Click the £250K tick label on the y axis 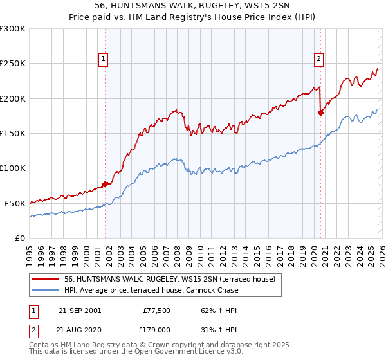(x=13, y=64)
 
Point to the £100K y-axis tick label (x=13, y=168)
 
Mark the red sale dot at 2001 (x=106, y=184)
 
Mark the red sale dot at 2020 (x=320, y=113)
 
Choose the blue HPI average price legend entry (x=151, y=290)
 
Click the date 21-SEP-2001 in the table (x=79, y=310)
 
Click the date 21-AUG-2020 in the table (x=79, y=329)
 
